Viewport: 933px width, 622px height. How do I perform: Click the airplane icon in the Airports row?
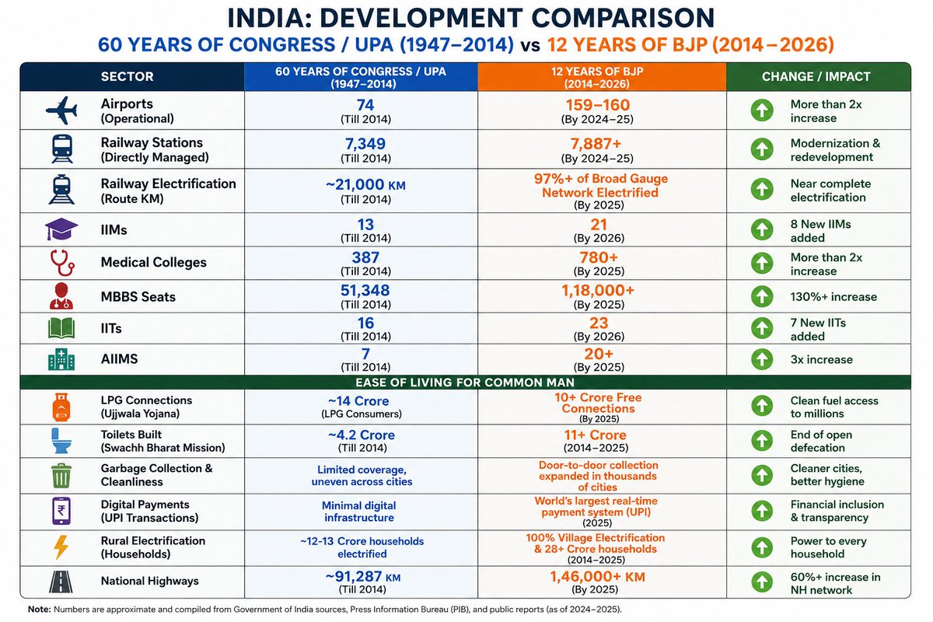click(x=61, y=110)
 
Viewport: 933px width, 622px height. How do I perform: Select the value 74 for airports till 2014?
click(x=365, y=105)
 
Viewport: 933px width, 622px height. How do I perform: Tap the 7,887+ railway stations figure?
click(x=596, y=144)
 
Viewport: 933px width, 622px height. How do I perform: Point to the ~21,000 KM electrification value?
click(x=365, y=184)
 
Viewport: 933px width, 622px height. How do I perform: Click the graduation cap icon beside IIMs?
click(x=61, y=229)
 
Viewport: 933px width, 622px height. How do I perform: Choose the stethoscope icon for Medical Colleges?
click(x=62, y=263)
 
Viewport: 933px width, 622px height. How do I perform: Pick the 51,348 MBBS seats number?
click(x=365, y=290)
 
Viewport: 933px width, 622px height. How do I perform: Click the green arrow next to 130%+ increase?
click(x=762, y=296)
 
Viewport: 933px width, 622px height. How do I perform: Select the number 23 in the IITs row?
click(x=599, y=323)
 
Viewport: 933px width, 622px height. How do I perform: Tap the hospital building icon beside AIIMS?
click(x=61, y=359)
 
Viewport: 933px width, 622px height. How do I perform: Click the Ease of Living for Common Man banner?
click(x=465, y=382)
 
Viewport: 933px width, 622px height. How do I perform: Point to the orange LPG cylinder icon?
click(x=61, y=407)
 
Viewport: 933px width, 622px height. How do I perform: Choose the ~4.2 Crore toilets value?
click(x=361, y=435)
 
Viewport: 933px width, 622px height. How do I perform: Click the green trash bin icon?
click(x=61, y=475)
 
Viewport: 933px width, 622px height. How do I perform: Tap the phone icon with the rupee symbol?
click(x=61, y=511)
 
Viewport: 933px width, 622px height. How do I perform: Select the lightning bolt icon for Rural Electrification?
click(x=61, y=547)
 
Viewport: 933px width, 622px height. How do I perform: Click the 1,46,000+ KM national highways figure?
click(x=597, y=577)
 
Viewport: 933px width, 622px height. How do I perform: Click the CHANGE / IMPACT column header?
click(x=816, y=77)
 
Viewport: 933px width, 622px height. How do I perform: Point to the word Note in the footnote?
click(x=39, y=610)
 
